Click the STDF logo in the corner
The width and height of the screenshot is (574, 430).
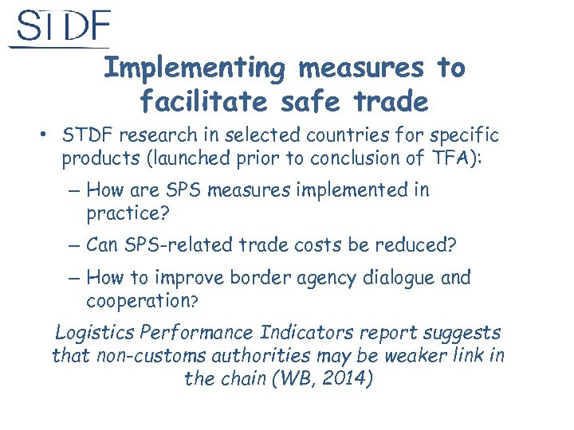click(x=61, y=28)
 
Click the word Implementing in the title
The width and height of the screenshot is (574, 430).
click(x=195, y=68)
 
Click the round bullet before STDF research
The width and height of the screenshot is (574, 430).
click(x=45, y=133)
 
